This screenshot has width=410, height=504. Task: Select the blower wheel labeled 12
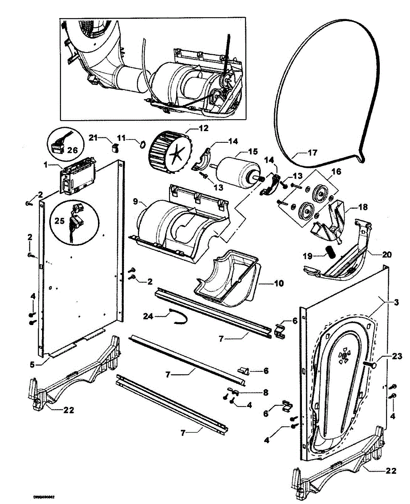pos(169,150)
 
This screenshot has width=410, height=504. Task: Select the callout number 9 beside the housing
pos(136,202)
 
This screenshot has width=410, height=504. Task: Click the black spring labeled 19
pos(331,253)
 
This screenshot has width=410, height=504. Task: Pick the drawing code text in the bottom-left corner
pos(45,497)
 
